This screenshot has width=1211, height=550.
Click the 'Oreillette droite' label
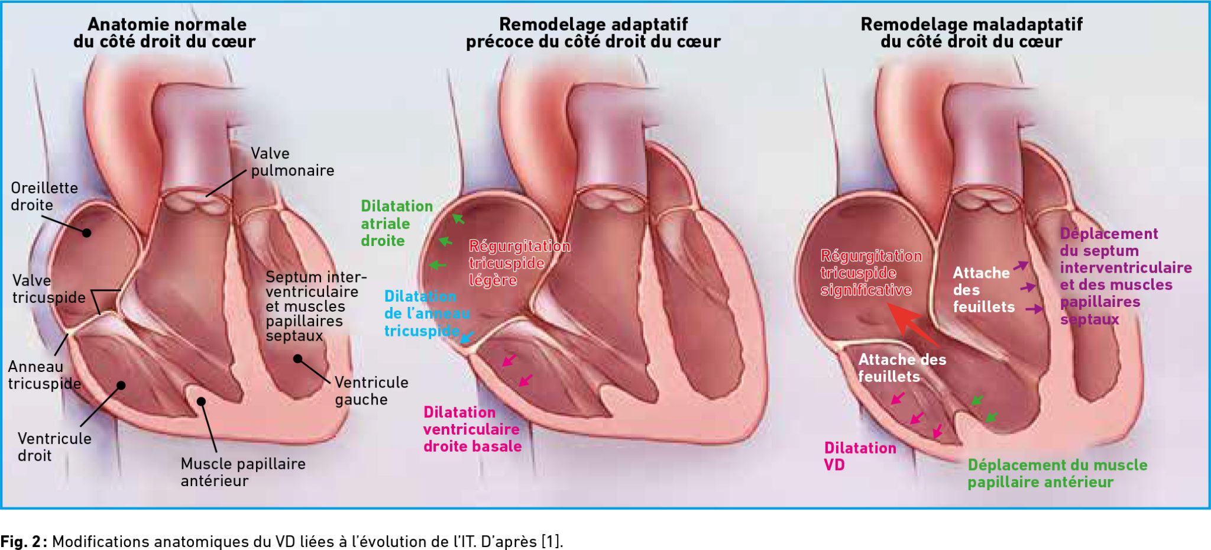pyautogui.click(x=44, y=196)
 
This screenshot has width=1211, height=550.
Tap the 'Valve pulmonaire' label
pyautogui.click(x=292, y=162)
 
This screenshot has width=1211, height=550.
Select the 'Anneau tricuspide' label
pyautogui.click(x=44, y=375)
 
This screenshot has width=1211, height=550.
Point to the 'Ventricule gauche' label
pyautogui.click(x=371, y=391)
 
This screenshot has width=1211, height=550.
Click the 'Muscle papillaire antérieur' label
pyautogui.click(x=243, y=472)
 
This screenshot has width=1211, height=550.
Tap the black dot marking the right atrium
pyautogui.click(x=86, y=233)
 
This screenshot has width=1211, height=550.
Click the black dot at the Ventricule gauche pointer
pyautogui.click(x=298, y=359)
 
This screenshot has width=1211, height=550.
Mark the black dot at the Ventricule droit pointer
pyautogui.click(x=121, y=386)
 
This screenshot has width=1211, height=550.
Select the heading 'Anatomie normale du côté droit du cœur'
pyautogui.click(x=165, y=33)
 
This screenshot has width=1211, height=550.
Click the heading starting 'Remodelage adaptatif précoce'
pyautogui.click(x=593, y=33)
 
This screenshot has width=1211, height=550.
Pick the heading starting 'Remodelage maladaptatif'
pyautogui.click(x=972, y=33)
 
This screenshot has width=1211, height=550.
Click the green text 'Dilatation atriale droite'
pyautogui.click(x=397, y=224)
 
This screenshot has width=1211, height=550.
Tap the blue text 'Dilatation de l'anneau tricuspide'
pyautogui.click(x=427, y=313)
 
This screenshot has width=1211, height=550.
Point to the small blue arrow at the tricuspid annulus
pyautogui.click(x=467, y=337)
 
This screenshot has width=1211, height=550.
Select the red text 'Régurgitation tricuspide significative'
pyautogui.click(x=871, y=273)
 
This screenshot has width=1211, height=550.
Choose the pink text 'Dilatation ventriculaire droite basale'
pyautogui.click(x=472, y=429)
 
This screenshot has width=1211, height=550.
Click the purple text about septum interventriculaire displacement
pyautogui.click(x=1126, y=276)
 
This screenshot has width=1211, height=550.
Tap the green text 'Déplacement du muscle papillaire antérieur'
pyautogui.click(x=1057, y=474)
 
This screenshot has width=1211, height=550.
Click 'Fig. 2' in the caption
pyautogui.click(x=22, y=542)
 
